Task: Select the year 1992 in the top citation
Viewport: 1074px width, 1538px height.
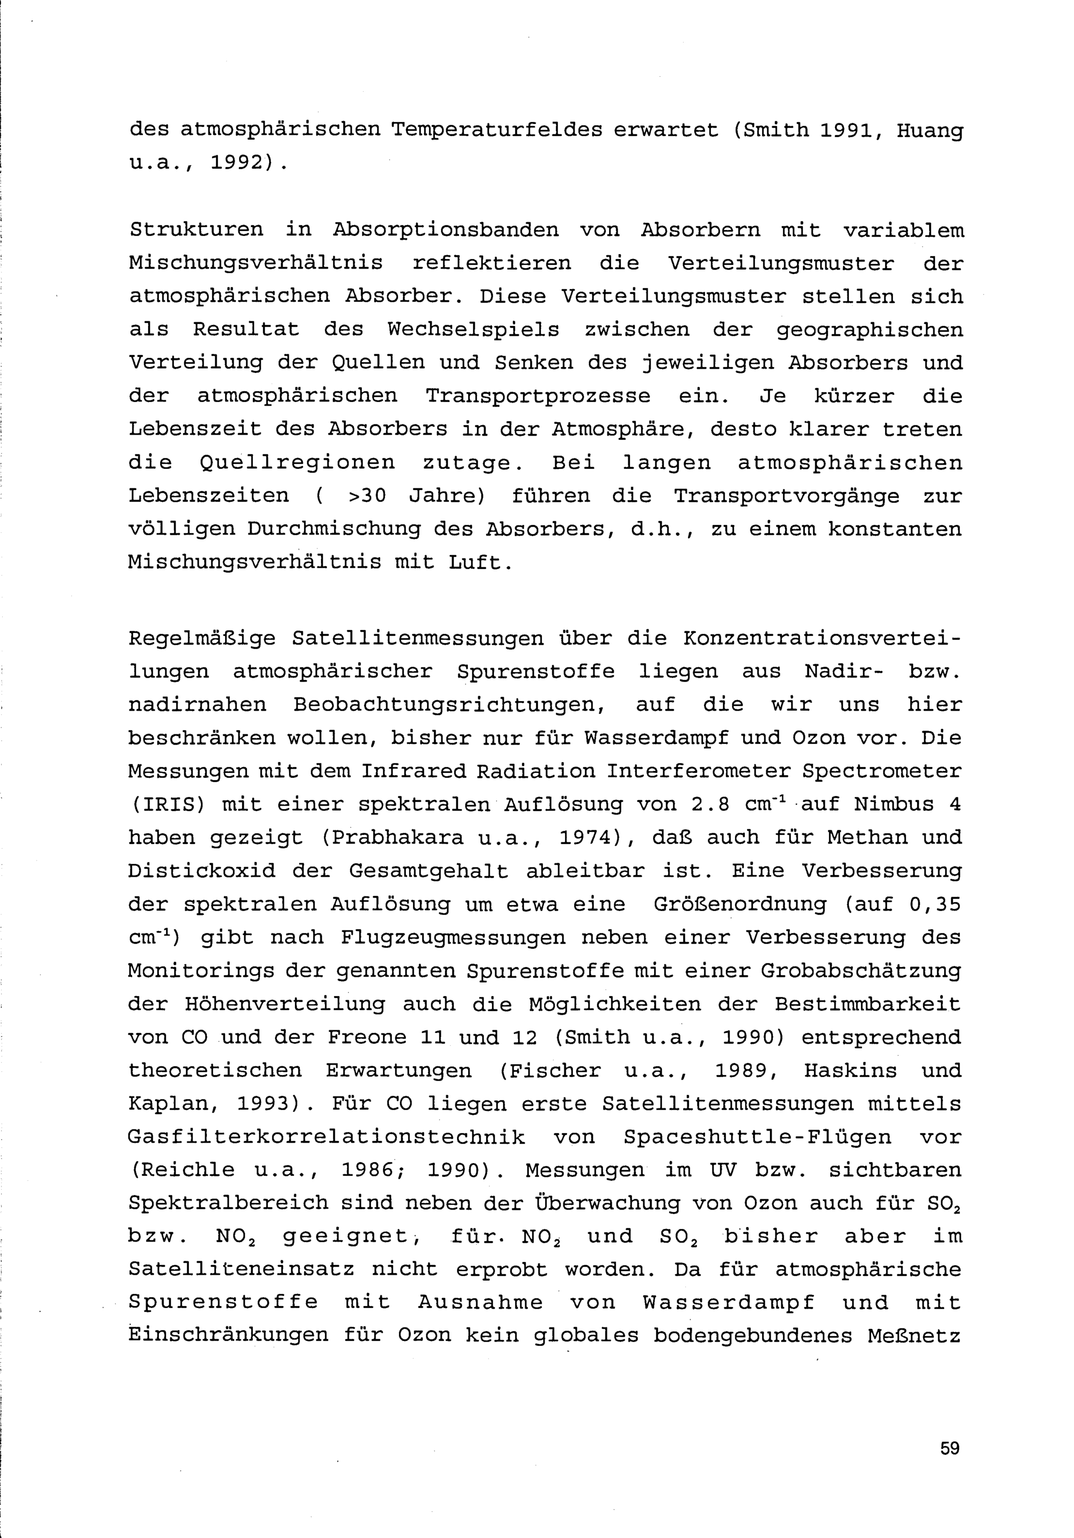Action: pyautogui.click(x=238, y=163)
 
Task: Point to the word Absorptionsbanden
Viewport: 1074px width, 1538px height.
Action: pyautogui.click(x=445, y=230)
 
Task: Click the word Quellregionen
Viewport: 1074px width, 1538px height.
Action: pyautogui.click(x=297, y=463)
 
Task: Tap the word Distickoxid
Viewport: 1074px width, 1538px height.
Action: pyautogui.click(x=201, y=871)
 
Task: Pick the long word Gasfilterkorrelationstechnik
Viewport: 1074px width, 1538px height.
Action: pyautogui.click(x=326, y=1137)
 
